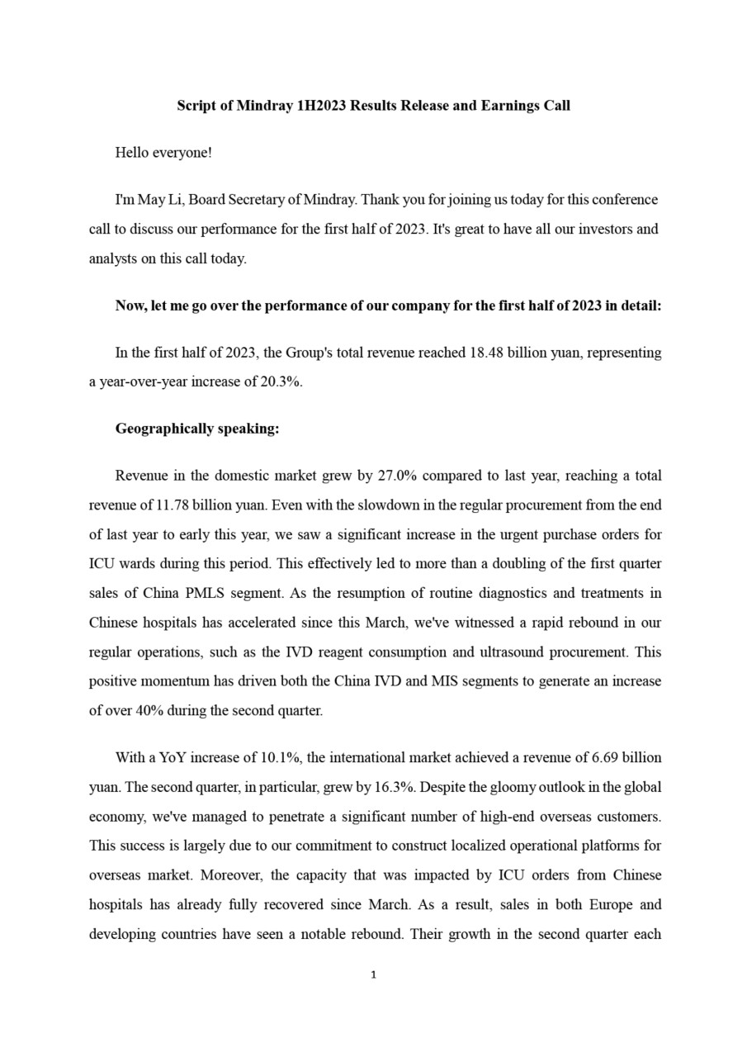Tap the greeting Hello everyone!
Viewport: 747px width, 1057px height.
pyautogui.click(x=163, y=153)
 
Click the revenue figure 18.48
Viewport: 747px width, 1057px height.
pyautogui.click(x=486, y=353)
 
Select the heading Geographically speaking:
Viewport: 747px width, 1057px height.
pyautogui.click(x=197, y=429)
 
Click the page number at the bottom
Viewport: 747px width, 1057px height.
pyautogui.click(x=374, y=975)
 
